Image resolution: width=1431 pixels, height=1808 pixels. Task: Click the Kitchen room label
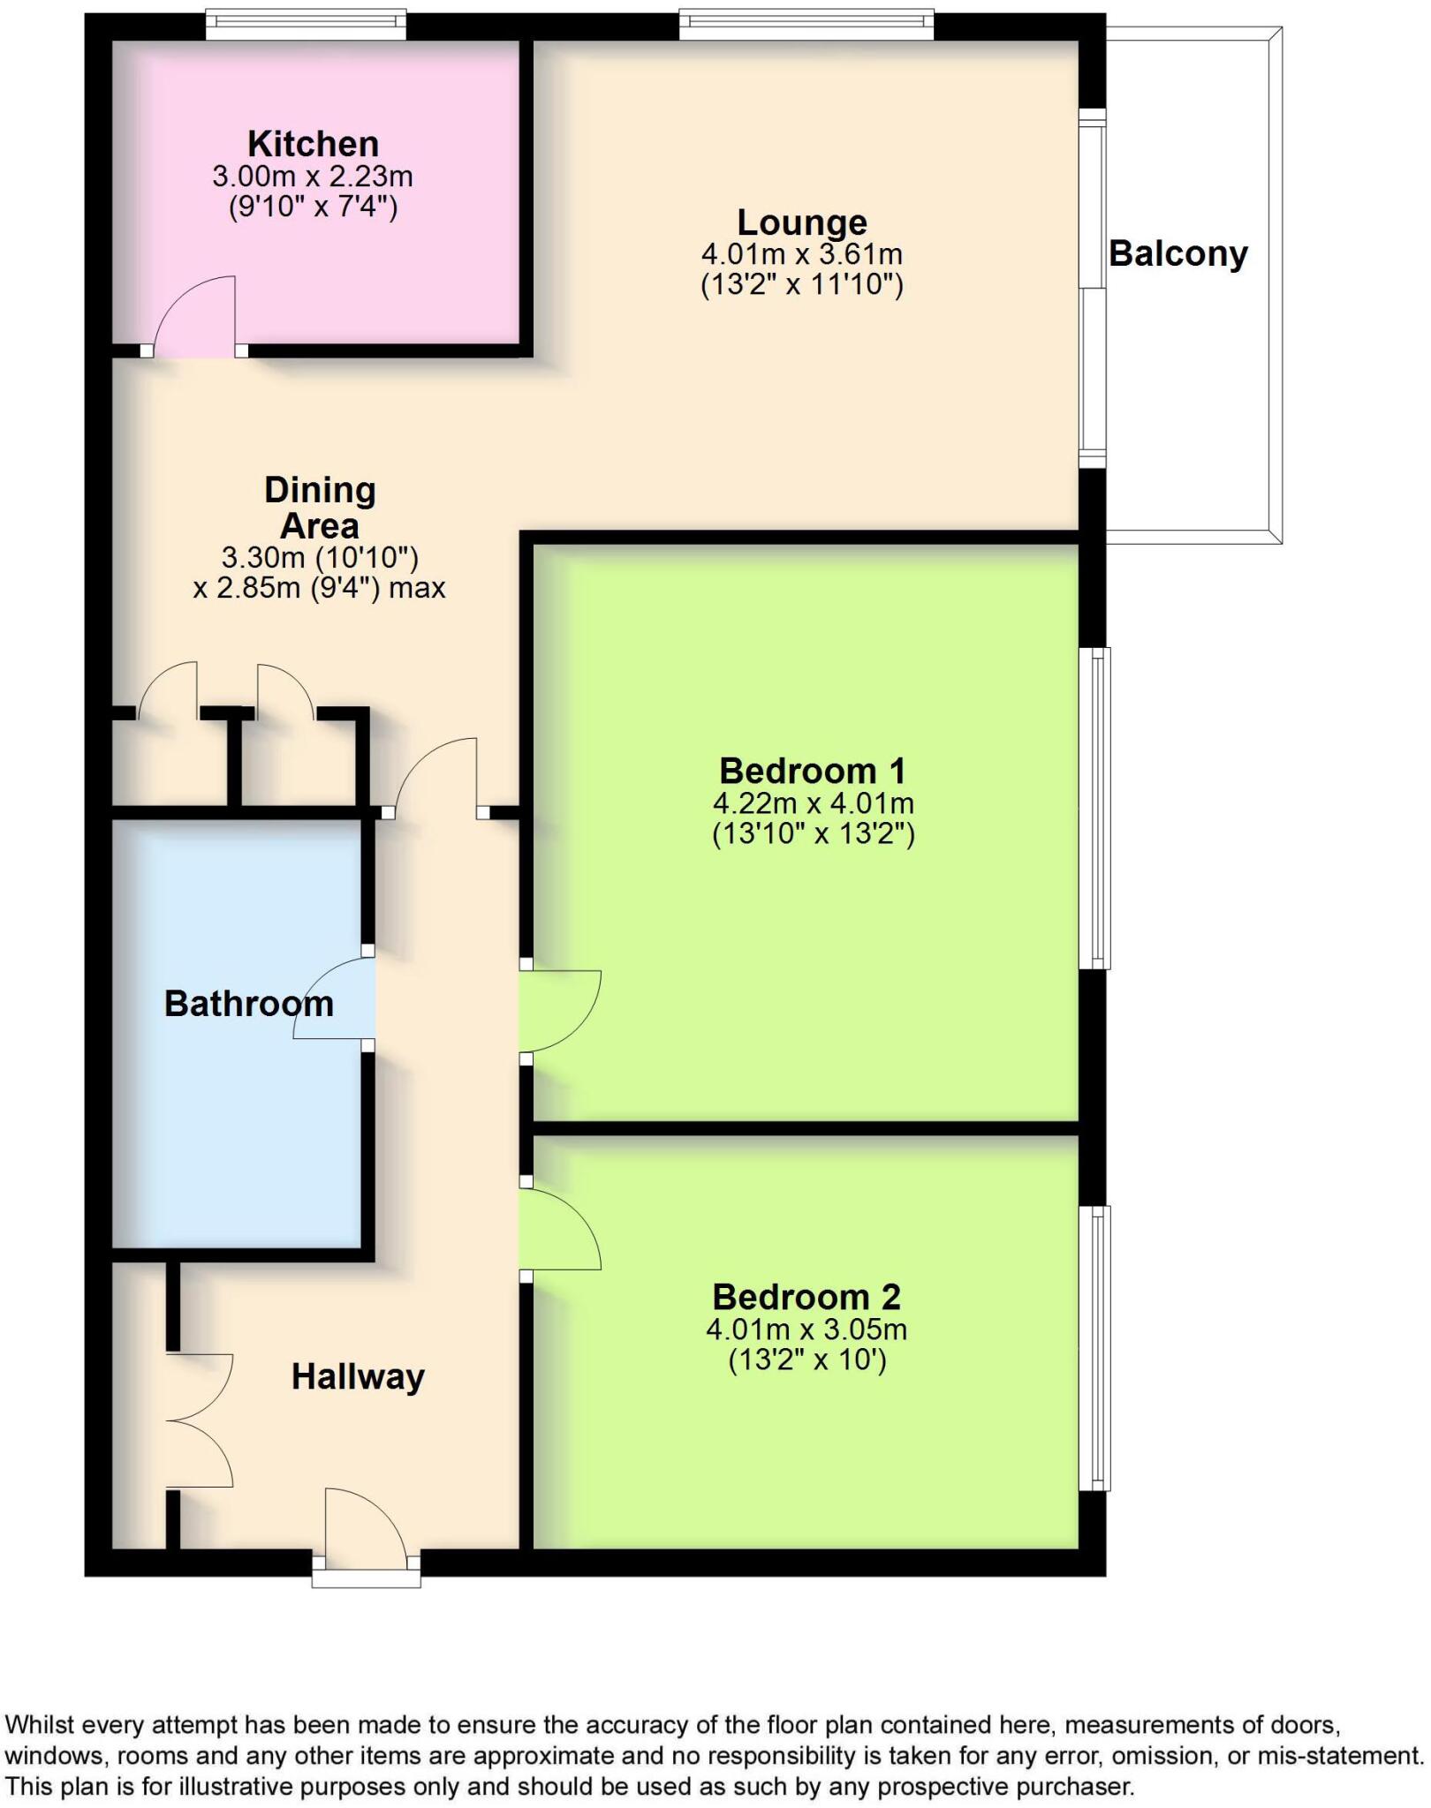point(313,144)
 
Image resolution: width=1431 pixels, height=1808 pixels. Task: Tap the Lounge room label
point(801,222)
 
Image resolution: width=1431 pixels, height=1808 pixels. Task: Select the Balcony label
point(1177,254)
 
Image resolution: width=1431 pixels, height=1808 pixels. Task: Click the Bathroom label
point(248,1004)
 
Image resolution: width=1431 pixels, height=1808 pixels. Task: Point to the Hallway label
point(358,1376)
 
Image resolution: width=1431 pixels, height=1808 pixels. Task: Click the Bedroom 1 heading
point(812,772)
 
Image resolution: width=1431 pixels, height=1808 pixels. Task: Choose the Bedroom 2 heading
point(806,1297)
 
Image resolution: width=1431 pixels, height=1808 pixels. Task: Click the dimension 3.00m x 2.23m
point(313,177)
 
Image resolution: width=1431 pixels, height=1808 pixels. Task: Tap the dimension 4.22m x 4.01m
point(813,803)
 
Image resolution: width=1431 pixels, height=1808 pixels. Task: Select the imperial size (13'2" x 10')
point(806,1360)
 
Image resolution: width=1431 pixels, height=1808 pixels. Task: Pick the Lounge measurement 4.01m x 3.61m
point(801,255)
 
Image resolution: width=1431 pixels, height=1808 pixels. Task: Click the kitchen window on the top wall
point(306,25)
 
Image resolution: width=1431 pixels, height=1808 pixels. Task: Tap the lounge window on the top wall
point(806,25)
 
